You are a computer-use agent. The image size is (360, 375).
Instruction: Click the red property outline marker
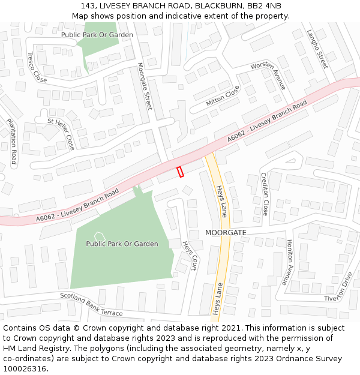point(180,172)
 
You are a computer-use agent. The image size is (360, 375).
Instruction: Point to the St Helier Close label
point(61,134)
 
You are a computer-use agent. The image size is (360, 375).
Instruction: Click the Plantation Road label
point(11,142)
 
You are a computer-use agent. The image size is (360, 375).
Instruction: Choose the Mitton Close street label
point(223,96)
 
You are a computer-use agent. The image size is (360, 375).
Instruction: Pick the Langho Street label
point(317,49)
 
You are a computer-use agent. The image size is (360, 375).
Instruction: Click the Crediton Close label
point(265,194)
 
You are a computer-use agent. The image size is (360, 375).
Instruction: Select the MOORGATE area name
point(226,232)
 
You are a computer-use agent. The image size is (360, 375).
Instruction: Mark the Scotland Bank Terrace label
point(91,304)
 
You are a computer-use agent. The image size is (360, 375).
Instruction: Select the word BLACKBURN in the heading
point(214,5)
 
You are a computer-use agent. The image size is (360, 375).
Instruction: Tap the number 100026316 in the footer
point(25,368)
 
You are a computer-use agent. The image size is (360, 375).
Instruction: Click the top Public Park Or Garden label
point(97,35)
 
